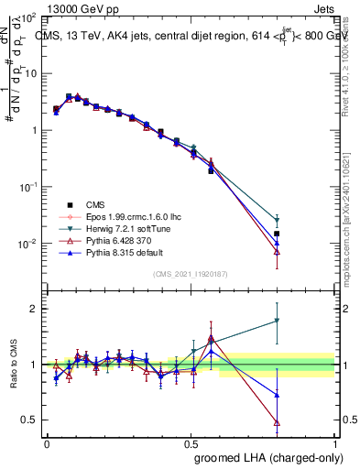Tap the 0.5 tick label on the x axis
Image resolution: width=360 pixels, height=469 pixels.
(191, 443)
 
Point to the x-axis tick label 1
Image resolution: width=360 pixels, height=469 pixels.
(334, 443)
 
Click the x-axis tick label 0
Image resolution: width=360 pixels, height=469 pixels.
(47, 443)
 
